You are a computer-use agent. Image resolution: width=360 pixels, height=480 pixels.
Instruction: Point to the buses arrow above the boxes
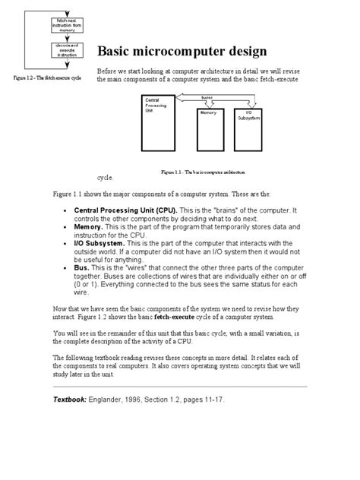pos(205,97)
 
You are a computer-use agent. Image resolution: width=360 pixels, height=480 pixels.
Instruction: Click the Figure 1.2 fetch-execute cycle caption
pos(48,77)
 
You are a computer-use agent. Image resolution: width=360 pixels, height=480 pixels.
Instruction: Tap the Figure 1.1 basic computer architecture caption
pos(210,171)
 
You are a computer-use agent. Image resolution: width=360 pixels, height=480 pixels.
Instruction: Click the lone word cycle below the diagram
pos(106,178)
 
